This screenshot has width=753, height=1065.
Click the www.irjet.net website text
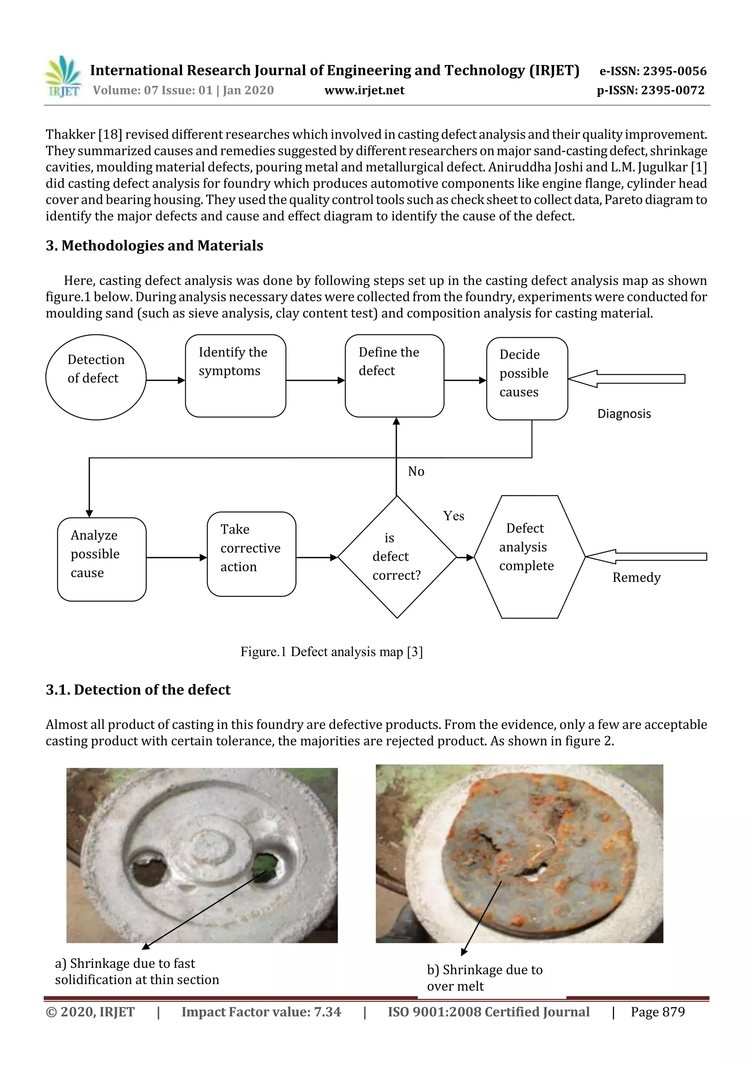tap(364, 90)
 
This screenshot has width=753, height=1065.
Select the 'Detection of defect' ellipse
tap(96, 377)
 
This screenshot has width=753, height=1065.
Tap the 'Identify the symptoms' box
tap(235, 376)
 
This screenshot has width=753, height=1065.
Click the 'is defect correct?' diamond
tap(397, 557)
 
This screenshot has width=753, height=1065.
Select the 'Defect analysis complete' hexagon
tap(529, 557)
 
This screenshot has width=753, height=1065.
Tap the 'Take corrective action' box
tap(251, 554)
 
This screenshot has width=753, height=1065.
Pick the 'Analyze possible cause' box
tap(101, 559)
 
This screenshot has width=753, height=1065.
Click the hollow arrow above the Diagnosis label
tap(627, 379)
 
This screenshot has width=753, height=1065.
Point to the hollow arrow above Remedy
tap(646, 556)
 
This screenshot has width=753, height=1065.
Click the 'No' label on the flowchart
tap(416, 471)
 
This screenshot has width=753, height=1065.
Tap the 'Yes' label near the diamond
tap(453, 516)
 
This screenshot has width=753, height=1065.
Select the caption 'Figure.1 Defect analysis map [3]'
tap(331, 652)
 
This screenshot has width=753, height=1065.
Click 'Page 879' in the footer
tap(657, 1012)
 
